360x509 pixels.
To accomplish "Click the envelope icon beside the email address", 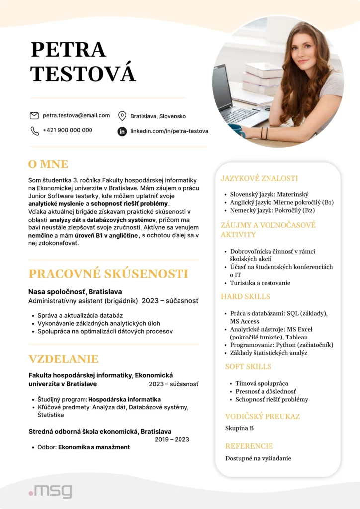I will [34, 116].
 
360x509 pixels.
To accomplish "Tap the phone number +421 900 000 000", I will [67, 130].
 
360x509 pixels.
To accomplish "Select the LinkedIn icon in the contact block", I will [122, 131].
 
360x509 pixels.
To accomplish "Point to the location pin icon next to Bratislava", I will [122, 116].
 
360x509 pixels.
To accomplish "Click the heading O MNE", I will [48, 164].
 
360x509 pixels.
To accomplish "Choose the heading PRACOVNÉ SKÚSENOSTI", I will [108, 274].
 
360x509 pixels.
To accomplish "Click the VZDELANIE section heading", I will [64, 359].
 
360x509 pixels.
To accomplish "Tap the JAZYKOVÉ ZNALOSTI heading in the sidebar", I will [259, 178].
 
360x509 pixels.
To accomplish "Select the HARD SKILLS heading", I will [245, 296].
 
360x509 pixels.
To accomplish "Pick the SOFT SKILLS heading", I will [248, 366].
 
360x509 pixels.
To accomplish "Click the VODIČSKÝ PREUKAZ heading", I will [262, 416].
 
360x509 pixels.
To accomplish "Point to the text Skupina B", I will [239, 428].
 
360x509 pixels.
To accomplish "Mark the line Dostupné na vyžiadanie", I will [258, 458].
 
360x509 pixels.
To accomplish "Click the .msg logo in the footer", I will [50, 491].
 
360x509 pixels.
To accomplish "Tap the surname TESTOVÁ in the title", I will [83, 73].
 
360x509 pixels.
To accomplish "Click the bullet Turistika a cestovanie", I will [260, 283].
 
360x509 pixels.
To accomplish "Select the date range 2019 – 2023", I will [172, 439].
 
